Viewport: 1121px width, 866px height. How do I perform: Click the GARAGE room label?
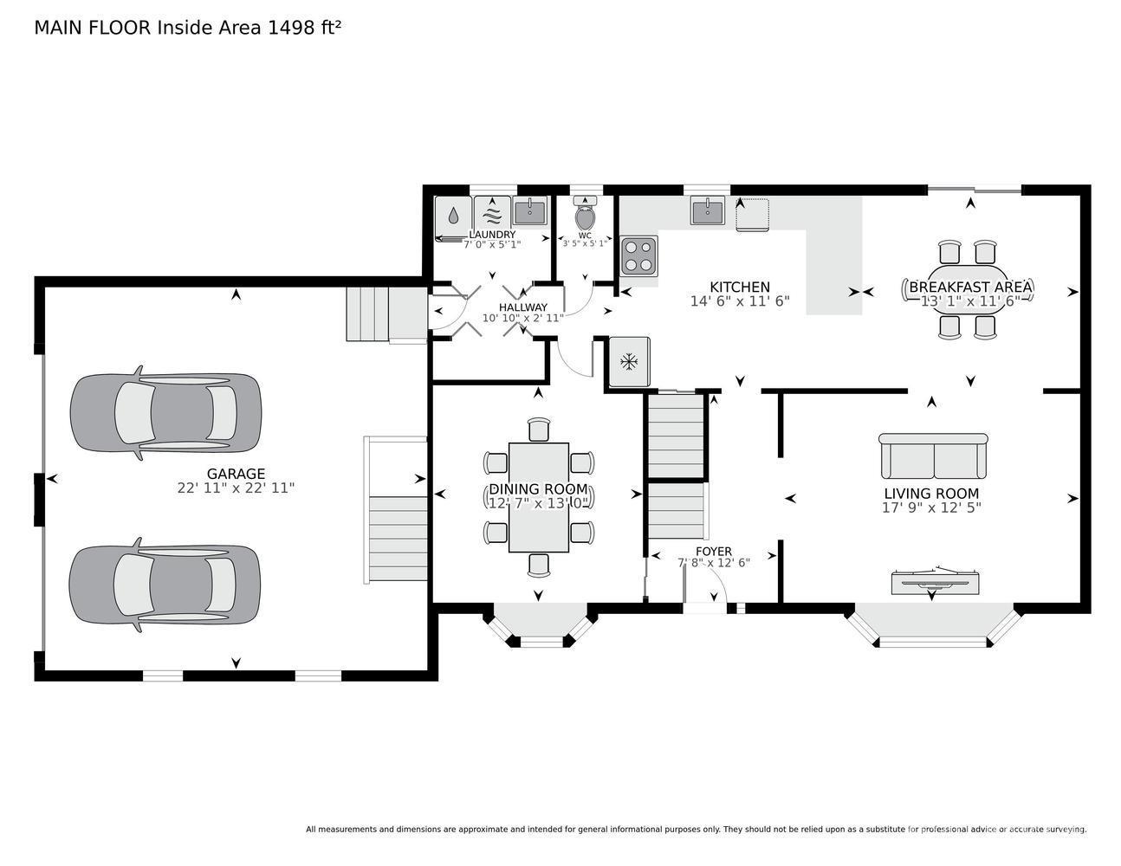coord(236,473)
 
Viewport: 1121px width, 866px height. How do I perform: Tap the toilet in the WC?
coord(585,213)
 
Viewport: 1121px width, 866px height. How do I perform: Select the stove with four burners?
coord(638,255)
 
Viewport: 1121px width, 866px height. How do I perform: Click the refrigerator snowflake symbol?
coord(629,361)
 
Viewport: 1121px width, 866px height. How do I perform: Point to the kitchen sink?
coord(708,210)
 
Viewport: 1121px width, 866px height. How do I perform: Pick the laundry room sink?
coord(530,210)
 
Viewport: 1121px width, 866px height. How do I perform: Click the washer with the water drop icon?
coord(453,216)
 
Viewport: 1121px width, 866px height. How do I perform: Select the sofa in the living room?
coord(933,456)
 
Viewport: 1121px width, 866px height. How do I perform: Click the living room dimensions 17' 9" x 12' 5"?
coord(931,507)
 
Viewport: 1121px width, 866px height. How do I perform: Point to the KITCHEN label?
coord(740,288)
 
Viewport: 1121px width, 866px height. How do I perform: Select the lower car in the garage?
coord(165,585)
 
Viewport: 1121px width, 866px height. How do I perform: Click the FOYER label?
coord(714,551)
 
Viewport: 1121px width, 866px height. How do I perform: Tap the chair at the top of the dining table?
coord(539,430)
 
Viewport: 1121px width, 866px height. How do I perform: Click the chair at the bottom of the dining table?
coord(539,565)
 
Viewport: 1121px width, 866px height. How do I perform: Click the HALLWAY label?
coord(523,307)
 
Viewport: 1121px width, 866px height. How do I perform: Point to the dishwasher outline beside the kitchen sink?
coord(752,215)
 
